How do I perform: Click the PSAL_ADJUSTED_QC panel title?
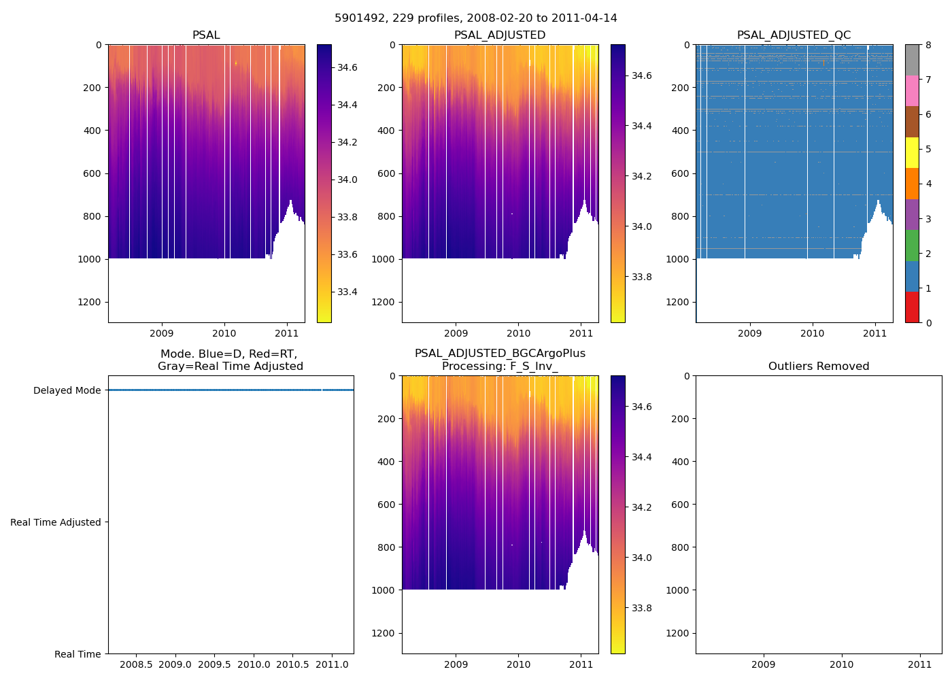point(794,35)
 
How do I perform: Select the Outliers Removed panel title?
point(818,367)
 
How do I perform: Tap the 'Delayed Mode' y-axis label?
point(67,390)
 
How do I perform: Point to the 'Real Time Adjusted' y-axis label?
point(56,522)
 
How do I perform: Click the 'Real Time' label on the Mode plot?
point(78,654)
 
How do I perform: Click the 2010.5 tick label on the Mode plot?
point(293,664)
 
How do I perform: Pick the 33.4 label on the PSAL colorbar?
point(347,292)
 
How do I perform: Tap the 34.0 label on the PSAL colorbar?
point(347,180)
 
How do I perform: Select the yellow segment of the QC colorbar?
point(912,152)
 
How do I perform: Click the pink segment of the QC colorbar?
point(912,90)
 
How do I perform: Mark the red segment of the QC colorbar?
point(912,307)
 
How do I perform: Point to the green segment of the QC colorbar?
point(912,245)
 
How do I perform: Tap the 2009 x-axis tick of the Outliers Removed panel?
point(763,664)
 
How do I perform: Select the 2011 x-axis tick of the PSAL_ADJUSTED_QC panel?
point(874,333)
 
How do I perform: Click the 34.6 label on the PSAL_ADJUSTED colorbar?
point(641,75)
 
